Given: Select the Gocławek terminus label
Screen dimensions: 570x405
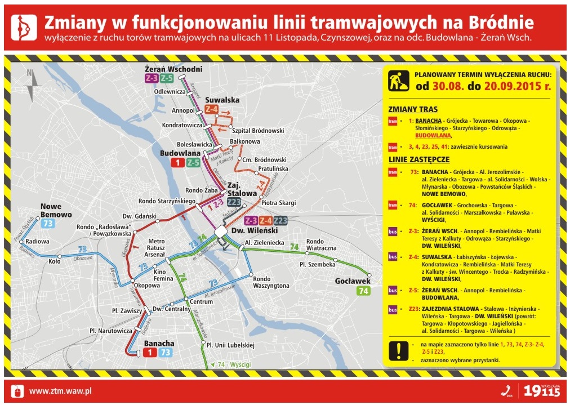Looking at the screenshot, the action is click(x=352, y=281).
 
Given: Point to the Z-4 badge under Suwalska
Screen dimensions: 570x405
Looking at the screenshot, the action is click(x=212, y=109).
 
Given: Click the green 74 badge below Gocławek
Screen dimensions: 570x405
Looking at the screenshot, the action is click(x=363, y=291).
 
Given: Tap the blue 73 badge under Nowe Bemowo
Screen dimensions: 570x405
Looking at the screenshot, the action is click(x=48, y=224).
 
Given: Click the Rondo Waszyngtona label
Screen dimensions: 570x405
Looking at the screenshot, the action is click(x=271, y=282).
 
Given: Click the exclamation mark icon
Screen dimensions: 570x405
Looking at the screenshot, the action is click(x=398, y=350).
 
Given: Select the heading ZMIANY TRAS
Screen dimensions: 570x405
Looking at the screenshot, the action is click(x=413, y=109).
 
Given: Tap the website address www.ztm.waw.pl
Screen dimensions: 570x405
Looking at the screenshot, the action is click(x=60, y=390).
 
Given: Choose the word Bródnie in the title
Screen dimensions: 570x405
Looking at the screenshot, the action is click(x=498, y=22).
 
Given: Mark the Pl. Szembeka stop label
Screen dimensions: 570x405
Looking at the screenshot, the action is click(x=317, y=264).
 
